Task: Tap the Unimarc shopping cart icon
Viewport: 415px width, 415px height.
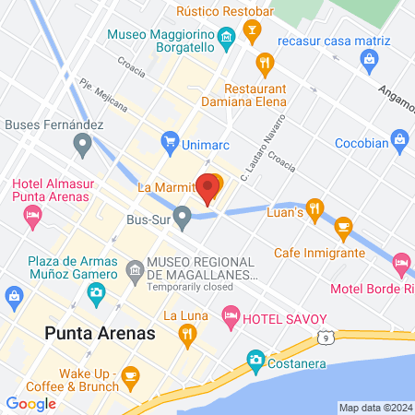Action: coord(169,141)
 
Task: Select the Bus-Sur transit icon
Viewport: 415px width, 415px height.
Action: coord(183,218)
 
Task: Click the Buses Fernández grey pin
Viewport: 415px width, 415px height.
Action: coord(82,144)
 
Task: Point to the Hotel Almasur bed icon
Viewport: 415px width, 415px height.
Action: coord(33,218)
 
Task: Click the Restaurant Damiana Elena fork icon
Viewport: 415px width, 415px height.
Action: coord(265,62)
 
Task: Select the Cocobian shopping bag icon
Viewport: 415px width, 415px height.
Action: coord(399,139)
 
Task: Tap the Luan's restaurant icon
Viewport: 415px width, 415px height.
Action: coord(315,207)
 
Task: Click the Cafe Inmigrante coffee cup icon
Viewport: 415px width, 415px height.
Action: coord(343,225)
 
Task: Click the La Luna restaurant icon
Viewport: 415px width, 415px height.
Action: coord(188,334)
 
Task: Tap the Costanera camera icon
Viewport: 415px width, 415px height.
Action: coord(255,358)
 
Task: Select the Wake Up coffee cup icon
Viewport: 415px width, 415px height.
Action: coord(130,373)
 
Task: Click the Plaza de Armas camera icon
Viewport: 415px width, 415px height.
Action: coord(96,293)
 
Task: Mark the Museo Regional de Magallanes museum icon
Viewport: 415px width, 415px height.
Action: coord(135,270)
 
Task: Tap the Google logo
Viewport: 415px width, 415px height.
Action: coord(30,403)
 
